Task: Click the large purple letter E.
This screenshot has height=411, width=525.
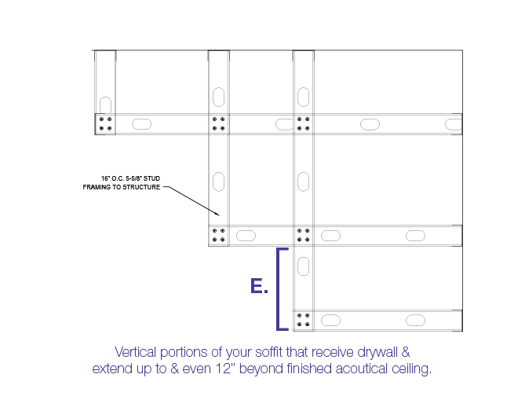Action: [256, 286]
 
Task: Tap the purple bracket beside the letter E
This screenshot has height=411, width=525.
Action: [278, 289]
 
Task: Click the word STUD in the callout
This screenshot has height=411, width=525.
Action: [151, 178]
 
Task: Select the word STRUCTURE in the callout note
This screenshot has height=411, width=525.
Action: [142, 187]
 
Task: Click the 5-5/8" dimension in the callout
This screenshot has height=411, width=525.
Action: [133, 178]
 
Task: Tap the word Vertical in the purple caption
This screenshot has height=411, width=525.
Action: [135, 352]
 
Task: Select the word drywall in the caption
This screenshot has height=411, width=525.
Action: [377, 353]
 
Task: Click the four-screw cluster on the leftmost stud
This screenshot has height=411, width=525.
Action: [105, 123]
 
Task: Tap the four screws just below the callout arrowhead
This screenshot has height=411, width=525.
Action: [219, 235]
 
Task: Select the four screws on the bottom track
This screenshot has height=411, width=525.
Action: [304, 320]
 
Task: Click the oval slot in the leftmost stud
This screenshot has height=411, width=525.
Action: [105, 105]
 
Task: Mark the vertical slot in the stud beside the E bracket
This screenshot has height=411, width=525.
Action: [304, 266]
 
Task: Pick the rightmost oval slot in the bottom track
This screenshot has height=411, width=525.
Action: [415, 320]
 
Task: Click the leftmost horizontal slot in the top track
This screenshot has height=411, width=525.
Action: [141, 124]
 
